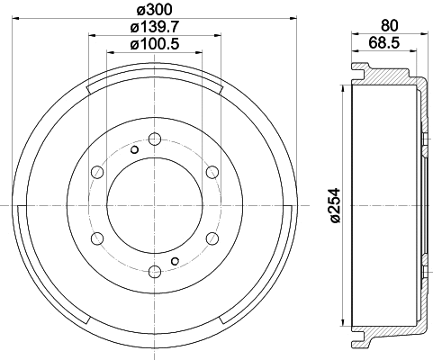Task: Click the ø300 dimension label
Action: [155, 10]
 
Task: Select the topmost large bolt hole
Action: [154, 139]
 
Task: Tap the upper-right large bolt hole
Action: [212, 172]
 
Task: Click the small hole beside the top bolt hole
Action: [134, 150]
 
